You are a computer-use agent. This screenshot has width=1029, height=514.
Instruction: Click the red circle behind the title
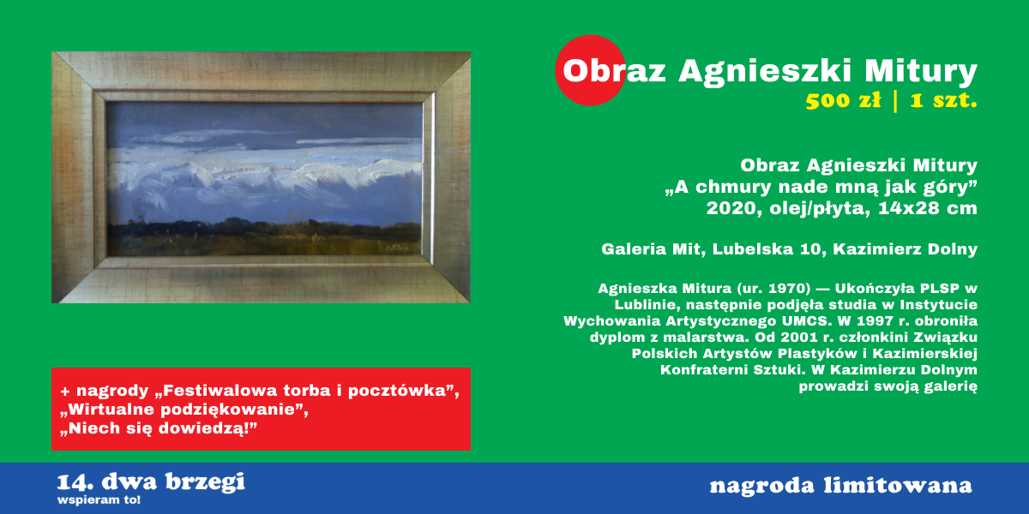tap(590, 70)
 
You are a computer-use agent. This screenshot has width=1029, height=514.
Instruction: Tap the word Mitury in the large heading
tap(921, 72)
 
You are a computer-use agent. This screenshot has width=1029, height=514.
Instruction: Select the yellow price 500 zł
tap(844, 100)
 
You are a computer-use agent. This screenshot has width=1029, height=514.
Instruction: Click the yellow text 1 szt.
tap(943, 100)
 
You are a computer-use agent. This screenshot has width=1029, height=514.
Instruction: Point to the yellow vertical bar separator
tap(895, 101)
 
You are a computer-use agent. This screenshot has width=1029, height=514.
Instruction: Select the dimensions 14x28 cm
tap(928, 208)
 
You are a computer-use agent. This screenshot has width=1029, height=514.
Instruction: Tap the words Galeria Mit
tap(653, 249)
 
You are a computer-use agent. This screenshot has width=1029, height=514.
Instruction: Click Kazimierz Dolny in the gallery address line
tap(905, 249)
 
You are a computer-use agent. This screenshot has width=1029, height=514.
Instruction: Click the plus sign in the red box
tap(65, 391)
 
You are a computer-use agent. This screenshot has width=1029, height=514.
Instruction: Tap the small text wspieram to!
tap(99, 499)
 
